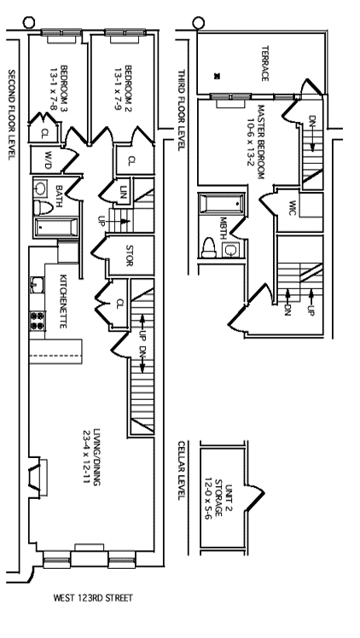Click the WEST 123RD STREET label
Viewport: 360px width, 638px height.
point(93,598)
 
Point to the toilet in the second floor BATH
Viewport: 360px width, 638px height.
point(44,207)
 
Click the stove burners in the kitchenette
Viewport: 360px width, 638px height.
point(38,320)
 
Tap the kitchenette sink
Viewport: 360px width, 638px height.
point(36,284)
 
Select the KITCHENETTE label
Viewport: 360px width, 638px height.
point(63,301)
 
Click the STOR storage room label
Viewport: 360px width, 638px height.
point(130,256)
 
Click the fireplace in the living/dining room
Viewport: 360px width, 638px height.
point(37,477)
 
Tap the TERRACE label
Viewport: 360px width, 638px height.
point(264,63)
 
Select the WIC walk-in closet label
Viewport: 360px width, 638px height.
point(292,208)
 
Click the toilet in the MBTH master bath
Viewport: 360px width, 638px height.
point(209,248)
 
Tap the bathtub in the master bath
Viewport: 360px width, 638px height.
point(222,203)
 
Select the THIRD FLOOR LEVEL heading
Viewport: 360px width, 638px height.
point(182,110)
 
